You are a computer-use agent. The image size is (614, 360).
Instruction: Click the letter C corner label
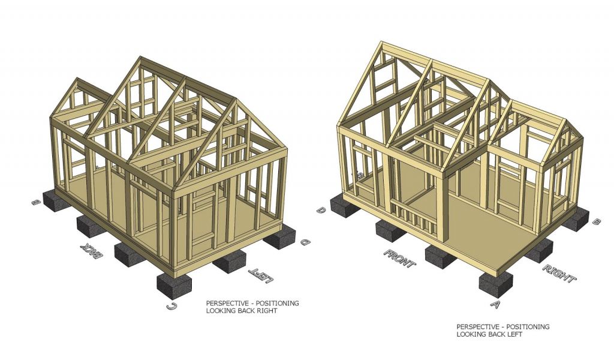pos(171,308)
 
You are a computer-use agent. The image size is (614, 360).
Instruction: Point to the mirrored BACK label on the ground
pos(89,252)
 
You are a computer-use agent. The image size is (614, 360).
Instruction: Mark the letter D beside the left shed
pos(305,243)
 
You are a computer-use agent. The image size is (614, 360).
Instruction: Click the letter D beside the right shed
pos(322,210)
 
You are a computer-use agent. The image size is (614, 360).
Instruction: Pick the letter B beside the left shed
pos(36,203)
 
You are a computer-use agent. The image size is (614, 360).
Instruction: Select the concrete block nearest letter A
pos(496,281)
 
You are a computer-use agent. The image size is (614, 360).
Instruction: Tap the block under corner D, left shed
pos(279,239)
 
